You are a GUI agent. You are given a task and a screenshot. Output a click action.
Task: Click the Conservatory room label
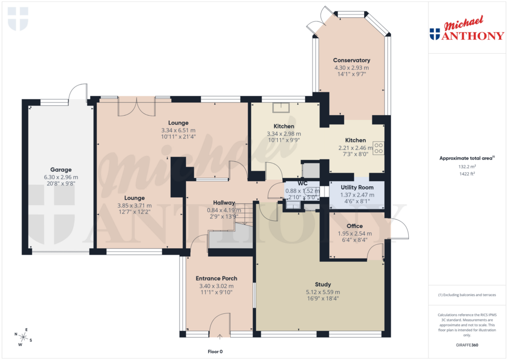click(x=351, y=60)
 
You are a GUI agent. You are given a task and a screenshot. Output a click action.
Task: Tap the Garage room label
click(x=61, y=169)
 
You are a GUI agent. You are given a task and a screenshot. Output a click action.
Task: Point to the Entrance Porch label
click(x=216, y=278)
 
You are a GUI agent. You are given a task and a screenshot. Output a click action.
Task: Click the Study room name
click(x=322, y=285)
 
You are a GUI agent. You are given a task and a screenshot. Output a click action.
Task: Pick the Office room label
click(x=354, y=226)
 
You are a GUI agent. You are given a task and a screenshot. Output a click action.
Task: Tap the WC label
click(x=303, y=183)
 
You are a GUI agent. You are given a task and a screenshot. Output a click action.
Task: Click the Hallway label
click(x=224, y=202)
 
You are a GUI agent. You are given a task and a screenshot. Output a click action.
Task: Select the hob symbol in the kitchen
click(x=379, y=148)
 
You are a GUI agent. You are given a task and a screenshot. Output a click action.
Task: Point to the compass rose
click(x=23, y=338)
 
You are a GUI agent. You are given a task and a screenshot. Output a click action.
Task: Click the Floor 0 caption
click(x=215, y=352)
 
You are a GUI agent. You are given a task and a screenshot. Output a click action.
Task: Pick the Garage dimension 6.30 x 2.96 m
click(x=61, y=177)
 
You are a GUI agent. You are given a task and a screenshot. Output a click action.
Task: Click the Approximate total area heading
click(x=467, y=158)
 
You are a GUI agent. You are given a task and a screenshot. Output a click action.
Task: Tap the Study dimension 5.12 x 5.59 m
click(x=322, y=292)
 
